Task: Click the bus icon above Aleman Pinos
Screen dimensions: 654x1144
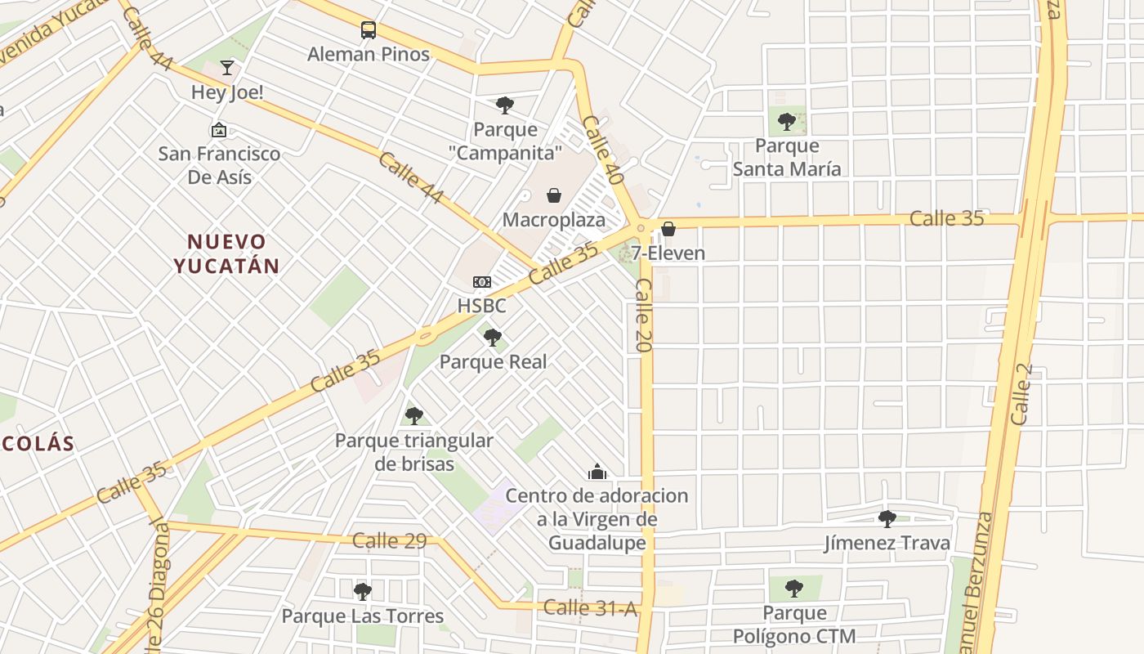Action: tap(369, 31)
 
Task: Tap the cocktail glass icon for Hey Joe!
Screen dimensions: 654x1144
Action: tap(227, 68)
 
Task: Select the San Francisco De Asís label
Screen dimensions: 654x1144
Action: tap(219, 165)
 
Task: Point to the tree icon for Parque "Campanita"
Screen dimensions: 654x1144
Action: tap(505, 105)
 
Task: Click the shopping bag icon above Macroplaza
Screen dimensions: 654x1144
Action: tap(554, 195)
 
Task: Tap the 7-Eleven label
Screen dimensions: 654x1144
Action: tap(668, 253)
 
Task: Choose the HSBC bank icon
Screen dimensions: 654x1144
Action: tap(482, 282)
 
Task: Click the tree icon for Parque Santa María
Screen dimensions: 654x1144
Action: tap(787, 122)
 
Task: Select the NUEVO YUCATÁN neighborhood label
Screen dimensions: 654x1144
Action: tap(226, 253)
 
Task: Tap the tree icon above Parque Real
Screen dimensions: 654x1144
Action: tap(493, 337)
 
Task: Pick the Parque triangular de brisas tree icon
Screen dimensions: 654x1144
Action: tap(414, 416)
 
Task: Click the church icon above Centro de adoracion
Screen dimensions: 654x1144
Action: tap(597, 472)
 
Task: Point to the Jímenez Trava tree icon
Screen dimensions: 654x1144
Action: tap(887, 518)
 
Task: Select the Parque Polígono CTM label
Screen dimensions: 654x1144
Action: tap(794, 625)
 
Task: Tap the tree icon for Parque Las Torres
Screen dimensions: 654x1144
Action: tap(363, 591)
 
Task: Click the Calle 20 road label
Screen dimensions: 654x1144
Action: tap(643, 316)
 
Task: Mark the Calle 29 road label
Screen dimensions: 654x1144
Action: tap(390, 540)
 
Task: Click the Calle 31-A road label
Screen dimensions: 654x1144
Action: tap(590, 607)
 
